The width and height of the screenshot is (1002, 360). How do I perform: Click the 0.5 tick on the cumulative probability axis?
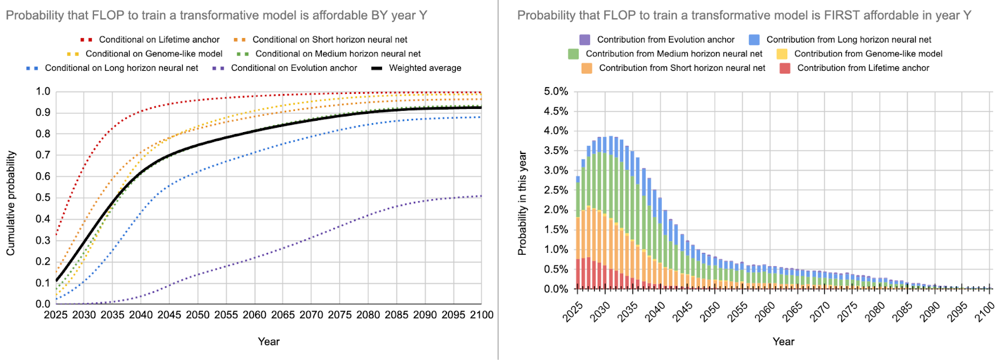tap(43, 198)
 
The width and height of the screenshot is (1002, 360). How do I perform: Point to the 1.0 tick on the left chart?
tap(43, 91)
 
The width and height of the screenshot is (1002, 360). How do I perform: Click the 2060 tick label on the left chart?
tap(254, 315)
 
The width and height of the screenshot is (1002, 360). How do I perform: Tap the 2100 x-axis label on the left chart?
tap(482, 315)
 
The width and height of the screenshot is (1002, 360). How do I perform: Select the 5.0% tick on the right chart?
tap(556, 91)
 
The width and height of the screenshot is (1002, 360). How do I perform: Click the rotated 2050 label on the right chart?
tap(710, 312)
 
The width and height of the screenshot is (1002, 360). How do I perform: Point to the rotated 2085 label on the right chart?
tap(902, 312)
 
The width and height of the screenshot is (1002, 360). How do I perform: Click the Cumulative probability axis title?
tap(11, 203)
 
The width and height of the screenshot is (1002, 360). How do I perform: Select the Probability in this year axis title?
tap(522, 203)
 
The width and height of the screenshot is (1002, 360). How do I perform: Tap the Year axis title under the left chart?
tap(269, 342)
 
